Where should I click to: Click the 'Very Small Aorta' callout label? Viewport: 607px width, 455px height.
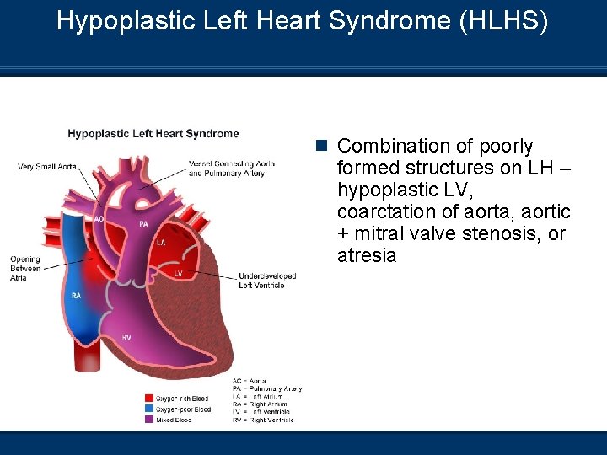[48, 167]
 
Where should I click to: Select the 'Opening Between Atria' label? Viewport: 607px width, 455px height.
[25, 268]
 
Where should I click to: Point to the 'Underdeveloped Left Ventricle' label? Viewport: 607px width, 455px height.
[261, 281]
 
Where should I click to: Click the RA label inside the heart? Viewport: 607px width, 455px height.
[76, 296]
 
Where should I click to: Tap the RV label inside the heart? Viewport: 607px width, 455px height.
[126, 337]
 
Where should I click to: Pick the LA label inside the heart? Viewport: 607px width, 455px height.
[161, 242]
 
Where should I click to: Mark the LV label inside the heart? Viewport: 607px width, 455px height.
[178, 274]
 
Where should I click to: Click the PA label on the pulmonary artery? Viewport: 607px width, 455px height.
[143, 224]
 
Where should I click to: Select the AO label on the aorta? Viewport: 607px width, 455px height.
[99, 218]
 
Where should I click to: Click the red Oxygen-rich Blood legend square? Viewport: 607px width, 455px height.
[148, 399]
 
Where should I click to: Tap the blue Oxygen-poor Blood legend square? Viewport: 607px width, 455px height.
[148, 409]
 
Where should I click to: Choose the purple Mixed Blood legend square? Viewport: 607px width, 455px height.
[148, 420]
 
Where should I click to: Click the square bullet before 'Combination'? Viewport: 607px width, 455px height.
[321, 146]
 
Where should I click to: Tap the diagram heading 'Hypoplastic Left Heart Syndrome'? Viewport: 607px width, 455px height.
[153, 133]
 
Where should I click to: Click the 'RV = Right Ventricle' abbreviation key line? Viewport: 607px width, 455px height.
[264, 420]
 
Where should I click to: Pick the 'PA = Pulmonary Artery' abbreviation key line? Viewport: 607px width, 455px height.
[267, 388]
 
